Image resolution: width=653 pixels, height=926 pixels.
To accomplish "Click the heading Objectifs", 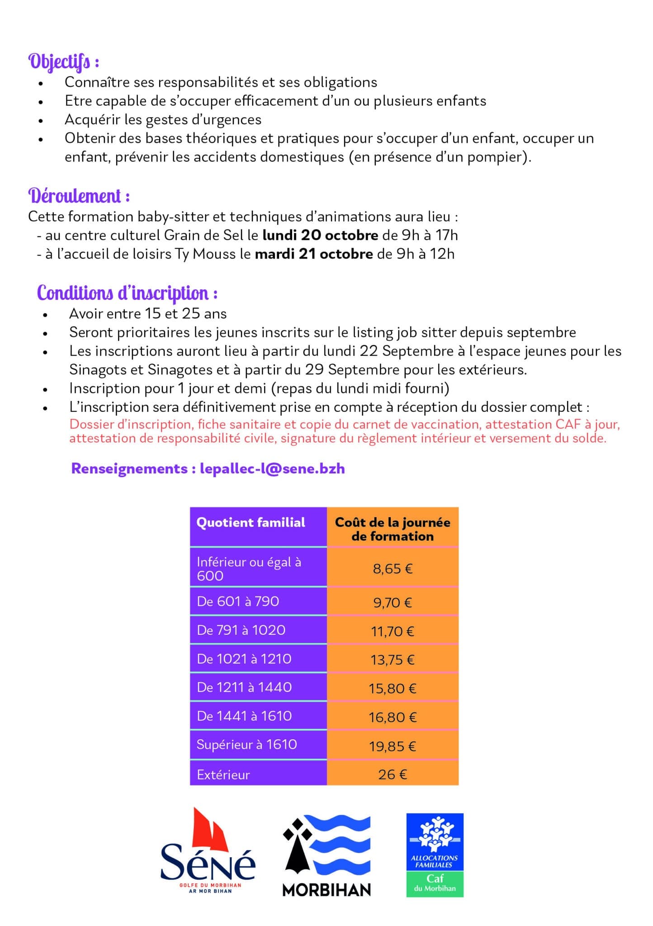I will [64, 62].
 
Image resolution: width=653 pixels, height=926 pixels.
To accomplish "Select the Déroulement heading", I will [79, 196].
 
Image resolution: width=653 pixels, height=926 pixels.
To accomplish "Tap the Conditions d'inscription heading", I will [127, 293].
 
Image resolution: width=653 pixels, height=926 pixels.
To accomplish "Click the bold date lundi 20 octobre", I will [320, 235].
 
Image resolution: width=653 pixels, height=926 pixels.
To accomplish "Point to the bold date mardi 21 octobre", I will [314, 254].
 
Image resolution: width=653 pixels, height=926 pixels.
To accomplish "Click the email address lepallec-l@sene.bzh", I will [272, 468].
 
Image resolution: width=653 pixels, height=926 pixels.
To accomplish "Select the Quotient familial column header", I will [251, 523].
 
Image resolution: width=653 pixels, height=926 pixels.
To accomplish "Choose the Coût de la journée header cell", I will [393, 529].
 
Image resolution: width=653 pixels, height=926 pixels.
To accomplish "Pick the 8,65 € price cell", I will [393, 568].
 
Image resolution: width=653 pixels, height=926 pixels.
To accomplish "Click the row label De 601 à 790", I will [238, 601].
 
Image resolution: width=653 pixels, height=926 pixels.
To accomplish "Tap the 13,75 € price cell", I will [393, 660].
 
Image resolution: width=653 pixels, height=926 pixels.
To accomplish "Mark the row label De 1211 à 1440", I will [244, 687].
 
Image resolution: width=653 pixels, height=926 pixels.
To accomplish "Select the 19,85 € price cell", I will [393, 746].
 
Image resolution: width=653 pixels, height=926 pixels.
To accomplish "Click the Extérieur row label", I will [223, 775].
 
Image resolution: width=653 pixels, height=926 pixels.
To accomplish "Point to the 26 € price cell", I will [393, 775].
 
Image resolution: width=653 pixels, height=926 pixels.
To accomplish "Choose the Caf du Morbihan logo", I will [435, 855].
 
